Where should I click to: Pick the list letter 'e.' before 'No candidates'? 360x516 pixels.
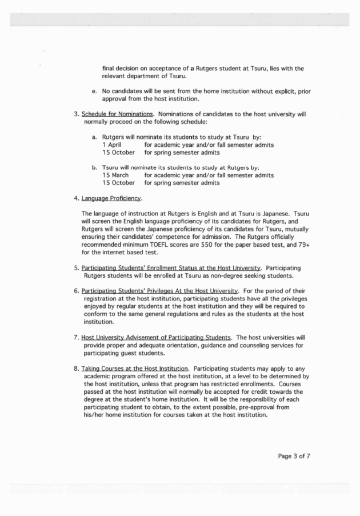tap(94, 91)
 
